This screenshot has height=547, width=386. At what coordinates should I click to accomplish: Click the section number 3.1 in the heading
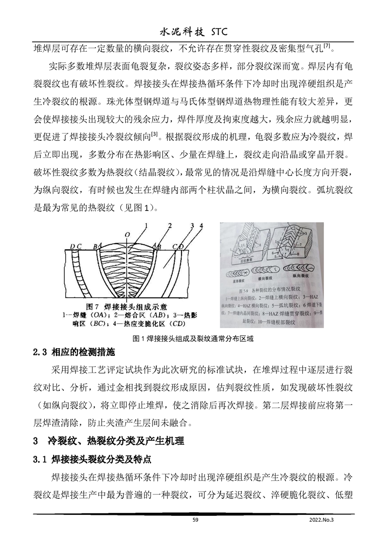pos(39,459)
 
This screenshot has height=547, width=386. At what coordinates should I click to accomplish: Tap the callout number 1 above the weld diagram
pos(145,225)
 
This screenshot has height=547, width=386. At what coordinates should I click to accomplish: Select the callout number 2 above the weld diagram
pos(169,225)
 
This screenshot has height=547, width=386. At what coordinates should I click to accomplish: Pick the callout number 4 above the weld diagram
pos(201,225)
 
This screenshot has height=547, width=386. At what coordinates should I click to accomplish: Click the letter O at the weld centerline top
pos(127,234)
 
